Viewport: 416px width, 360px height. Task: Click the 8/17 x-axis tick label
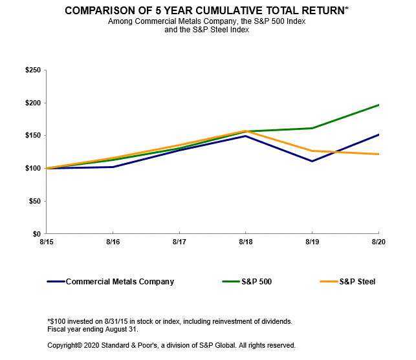tap(180, 242)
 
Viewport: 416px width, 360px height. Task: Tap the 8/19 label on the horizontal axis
tap(312, 242)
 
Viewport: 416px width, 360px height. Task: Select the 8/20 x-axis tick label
tap(378, 242)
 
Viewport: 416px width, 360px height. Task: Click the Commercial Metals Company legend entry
tap(120, 282)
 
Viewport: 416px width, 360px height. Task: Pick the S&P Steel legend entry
tap(357, 282)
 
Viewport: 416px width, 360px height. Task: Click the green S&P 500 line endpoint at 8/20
tap(378, 105)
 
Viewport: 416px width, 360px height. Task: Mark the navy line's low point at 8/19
tap(312, 161)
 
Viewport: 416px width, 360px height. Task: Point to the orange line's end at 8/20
tap(378, 154)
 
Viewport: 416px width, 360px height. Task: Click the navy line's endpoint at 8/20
tap(378, 134)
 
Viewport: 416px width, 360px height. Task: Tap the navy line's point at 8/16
tap(113, 167)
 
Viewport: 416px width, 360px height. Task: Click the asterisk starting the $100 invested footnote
tap(49, 320)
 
